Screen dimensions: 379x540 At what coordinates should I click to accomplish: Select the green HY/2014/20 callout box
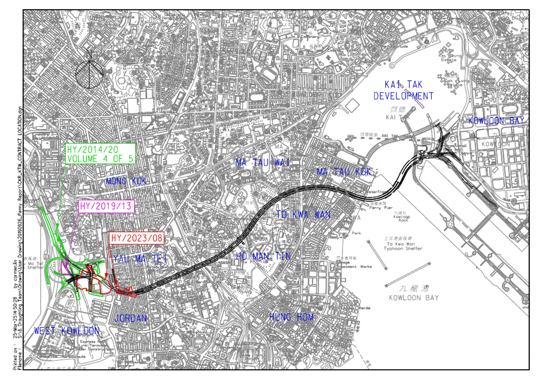[x=100, y=153]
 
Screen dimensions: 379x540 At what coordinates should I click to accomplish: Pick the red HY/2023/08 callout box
[x=138, y=238]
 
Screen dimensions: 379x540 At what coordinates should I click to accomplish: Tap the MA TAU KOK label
[x=344, y=172]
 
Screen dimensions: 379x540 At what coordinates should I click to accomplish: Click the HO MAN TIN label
[x=263, y=256]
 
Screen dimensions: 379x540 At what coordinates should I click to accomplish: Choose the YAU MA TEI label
[x=141, y=259]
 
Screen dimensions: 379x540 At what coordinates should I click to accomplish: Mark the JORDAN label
[x=131, y=318]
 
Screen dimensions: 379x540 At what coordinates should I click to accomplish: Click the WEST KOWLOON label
[x=67, y=331]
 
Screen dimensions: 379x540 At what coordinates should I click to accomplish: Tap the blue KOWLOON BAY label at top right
[x=496, y=120]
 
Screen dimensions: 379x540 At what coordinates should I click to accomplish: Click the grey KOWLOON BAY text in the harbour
[x=414, y=298]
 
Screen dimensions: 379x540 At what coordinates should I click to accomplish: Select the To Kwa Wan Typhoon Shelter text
[x=403, y=245]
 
